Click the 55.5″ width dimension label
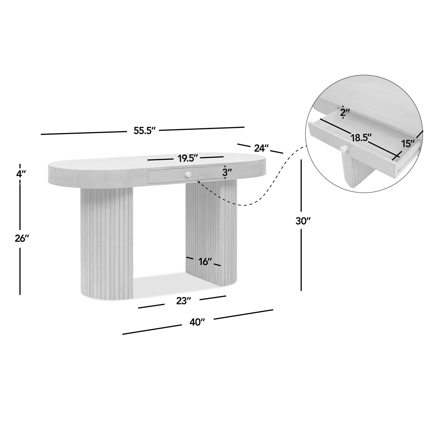pos(145,131)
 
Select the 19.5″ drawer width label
pos(187,159)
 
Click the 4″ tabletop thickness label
pos(21,174)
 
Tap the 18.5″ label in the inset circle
pos(361,138)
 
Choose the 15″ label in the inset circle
pos(408,144)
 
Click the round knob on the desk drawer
pos(188,174)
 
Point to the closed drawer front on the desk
pos(186,174)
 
